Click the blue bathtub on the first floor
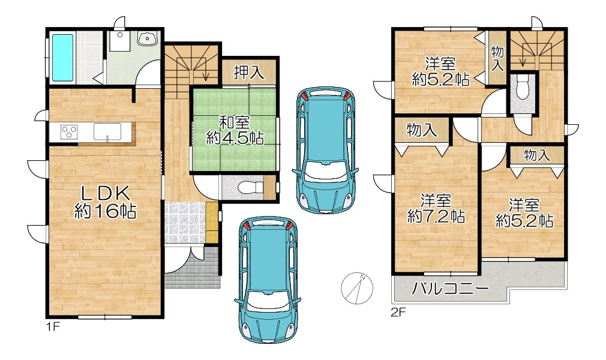(62, 58)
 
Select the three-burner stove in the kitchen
(69, 132)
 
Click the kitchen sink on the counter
(107, 131)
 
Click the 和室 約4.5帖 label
(235, 130)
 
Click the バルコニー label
(450, 288)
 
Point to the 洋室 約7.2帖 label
(436, 209)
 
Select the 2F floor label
(398, 313)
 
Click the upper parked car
(325, 150)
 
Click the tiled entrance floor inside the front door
(185, 223)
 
